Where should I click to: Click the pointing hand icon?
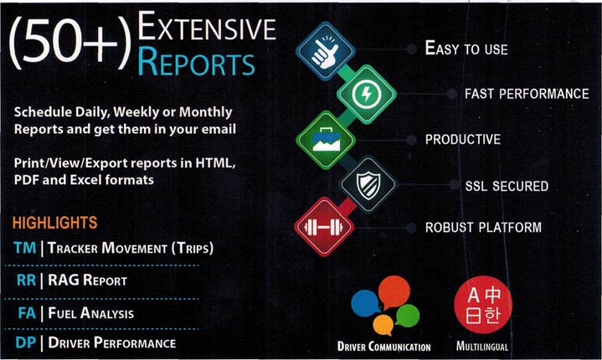point(326,51)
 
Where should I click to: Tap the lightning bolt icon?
point(367,94)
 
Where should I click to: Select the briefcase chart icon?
point(326,140)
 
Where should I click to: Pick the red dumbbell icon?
point(324,227)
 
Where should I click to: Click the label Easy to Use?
point(466,49)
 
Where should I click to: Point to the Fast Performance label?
point(527,94)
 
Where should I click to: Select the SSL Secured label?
point(507,186)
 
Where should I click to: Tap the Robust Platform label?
point(483,227)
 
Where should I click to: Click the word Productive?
point(463,139)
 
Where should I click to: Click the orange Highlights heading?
point(55,223)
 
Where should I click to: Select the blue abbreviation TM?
point(25,248)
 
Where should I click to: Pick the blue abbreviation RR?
point(27,280)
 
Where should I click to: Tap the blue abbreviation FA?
point(27,313)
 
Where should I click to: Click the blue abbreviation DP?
point(26,342)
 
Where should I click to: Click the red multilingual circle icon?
point(483,305)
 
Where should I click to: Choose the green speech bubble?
point(408,316)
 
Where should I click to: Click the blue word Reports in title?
point(196,62)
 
